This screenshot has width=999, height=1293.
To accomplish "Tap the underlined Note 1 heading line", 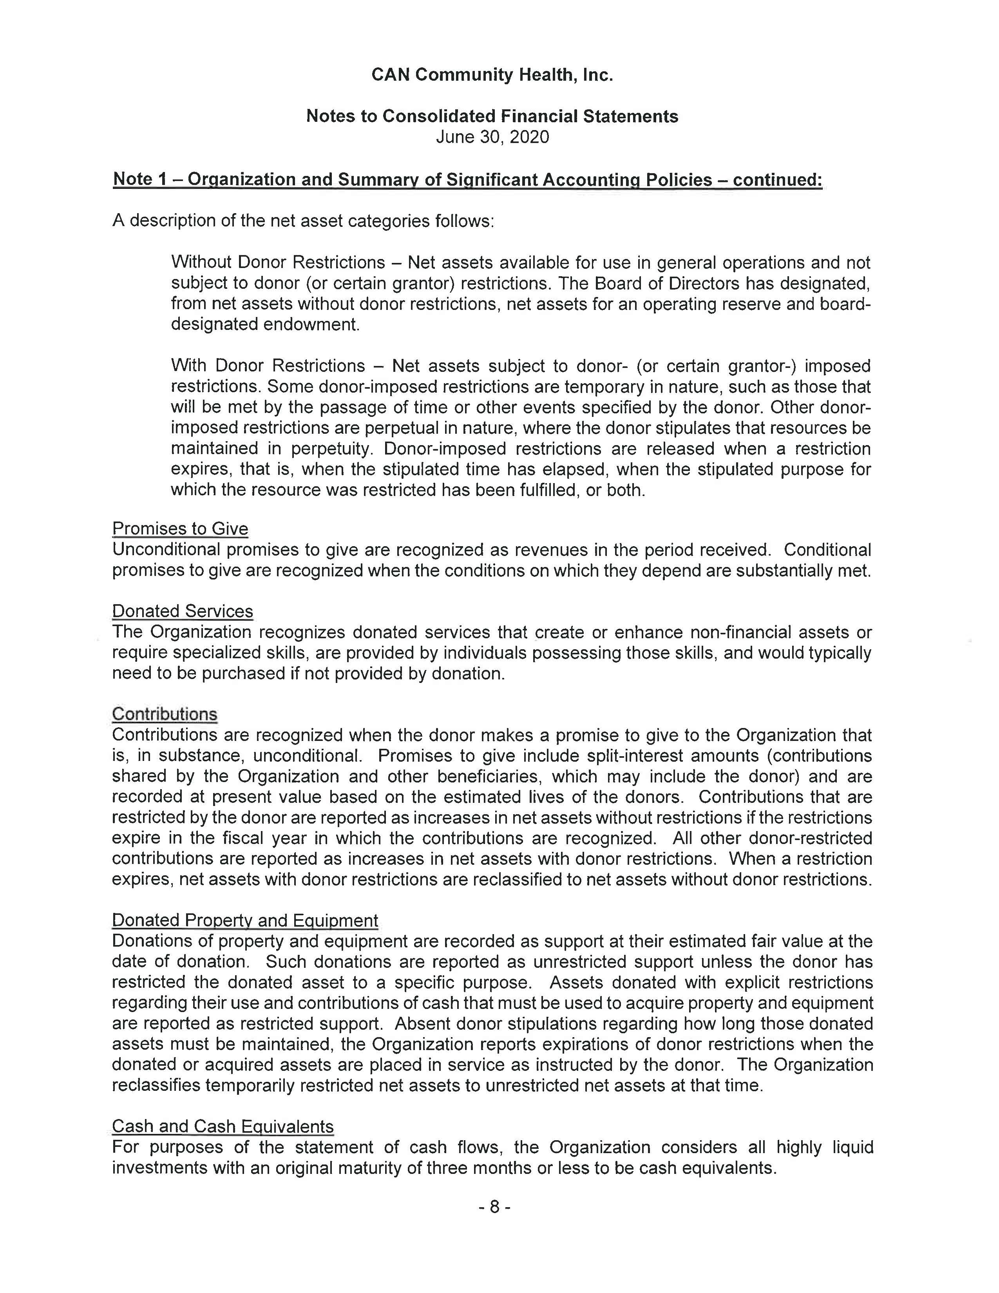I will pos(467,179).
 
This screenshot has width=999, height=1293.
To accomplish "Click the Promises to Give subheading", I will pos(180,529).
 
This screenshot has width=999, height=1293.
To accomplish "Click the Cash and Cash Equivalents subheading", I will pos(223,1126).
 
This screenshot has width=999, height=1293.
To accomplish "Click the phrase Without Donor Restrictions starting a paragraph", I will pos(278,262).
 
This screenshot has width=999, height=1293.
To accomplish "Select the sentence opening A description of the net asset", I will pos(302,221).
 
